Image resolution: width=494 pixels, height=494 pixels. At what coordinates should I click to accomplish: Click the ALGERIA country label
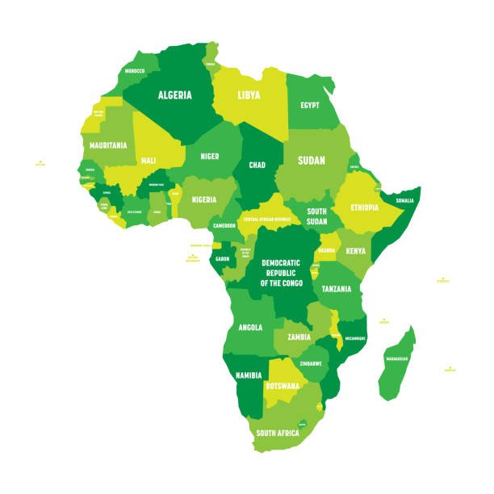coord(174,95)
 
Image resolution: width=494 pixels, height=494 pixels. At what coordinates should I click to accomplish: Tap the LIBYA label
coord(249,95)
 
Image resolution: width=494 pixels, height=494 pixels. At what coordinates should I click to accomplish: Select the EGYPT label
coord(310,105)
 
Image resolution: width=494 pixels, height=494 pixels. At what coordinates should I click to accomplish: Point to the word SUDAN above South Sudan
coord(312,161)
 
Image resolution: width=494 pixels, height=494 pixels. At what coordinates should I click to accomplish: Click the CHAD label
coord(257,165)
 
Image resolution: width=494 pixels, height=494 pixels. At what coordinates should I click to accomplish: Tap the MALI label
coord(148,161)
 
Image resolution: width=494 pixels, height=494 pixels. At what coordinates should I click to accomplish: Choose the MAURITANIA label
coord(109,145)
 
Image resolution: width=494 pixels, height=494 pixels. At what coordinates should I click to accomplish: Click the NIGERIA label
coord(205,199)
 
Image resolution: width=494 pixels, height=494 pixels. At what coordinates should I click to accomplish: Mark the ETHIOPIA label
coord(364,207)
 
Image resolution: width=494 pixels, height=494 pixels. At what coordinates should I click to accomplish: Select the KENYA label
coord(356,251)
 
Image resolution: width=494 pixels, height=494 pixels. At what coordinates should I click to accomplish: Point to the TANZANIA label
coord(337,288)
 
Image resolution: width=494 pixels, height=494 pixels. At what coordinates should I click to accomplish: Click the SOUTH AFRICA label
coord(278,433)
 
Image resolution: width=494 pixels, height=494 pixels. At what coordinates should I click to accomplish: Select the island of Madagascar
coord(398,363)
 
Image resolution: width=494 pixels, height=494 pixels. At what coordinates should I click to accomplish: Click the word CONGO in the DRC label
coord(286,283)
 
